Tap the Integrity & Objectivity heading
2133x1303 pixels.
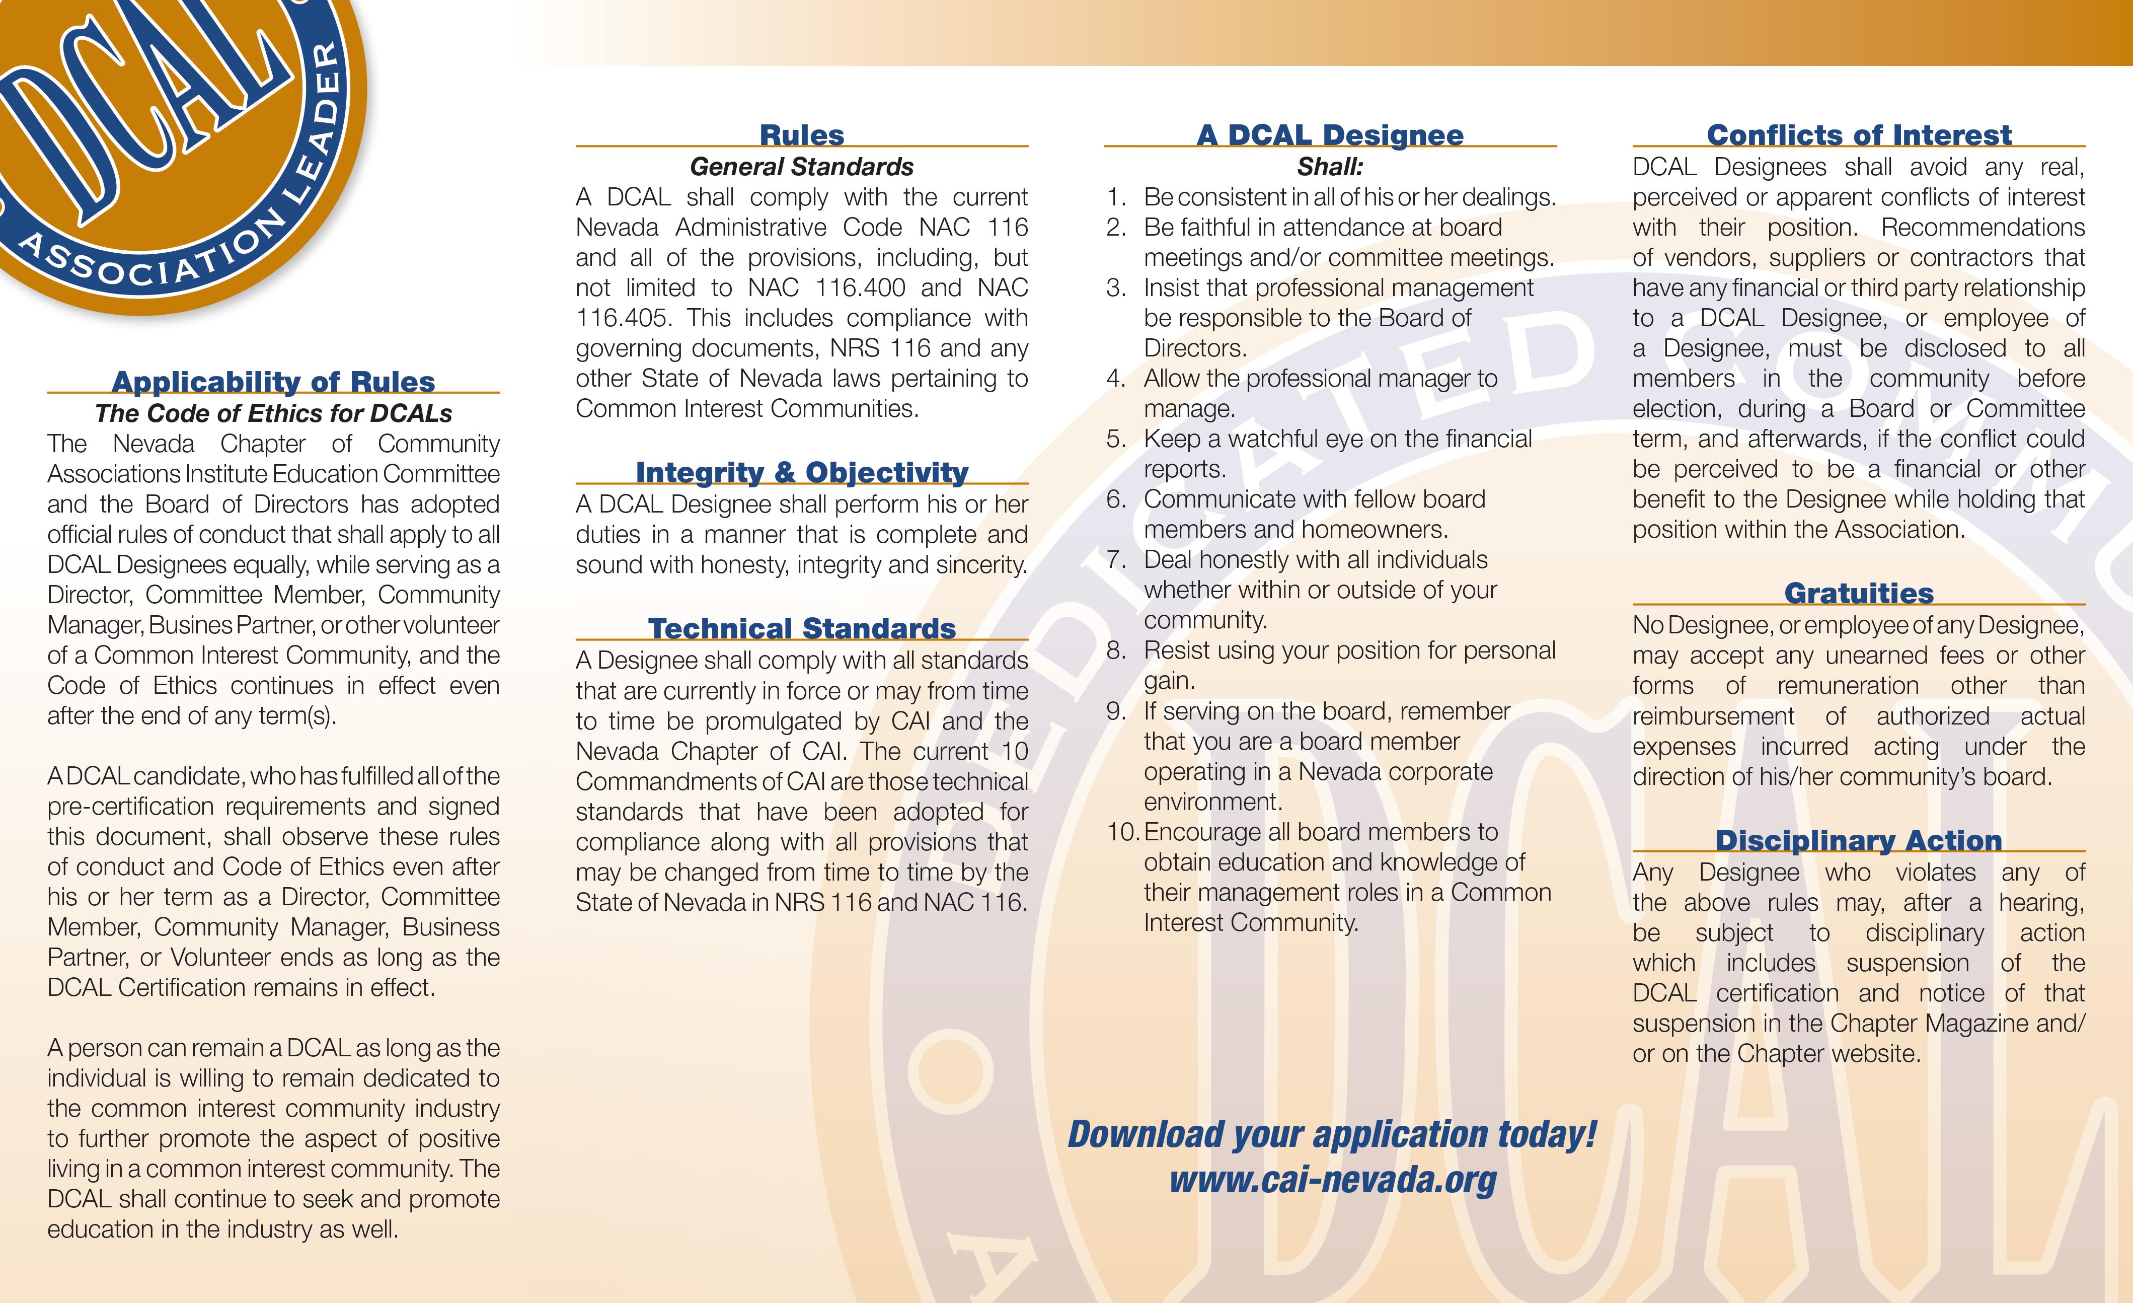pos(802,473)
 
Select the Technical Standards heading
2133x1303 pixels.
pos(802,628)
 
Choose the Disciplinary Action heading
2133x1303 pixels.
pos(1859,841)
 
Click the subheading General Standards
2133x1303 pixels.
pos(802,166)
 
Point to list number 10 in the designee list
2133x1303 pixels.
pos(1123,833)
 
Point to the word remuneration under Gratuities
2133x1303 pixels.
pos(1847,686)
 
